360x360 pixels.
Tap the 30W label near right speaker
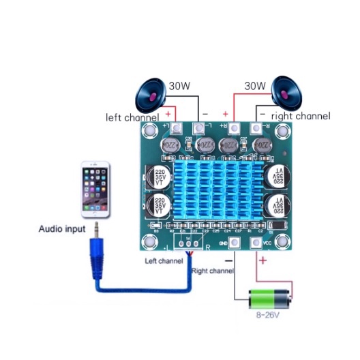[x=254, y=87]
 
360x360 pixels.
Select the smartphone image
[x=95, y=188]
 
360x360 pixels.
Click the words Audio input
[x=61, y=229]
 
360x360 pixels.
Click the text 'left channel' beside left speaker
[x=133, y=117]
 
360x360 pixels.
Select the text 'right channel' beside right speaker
[x=301, y=117]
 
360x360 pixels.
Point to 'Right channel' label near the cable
[x=212, y=271]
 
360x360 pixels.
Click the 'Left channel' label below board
[x=164, y=261]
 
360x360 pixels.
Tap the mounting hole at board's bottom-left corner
[x=148, y=241]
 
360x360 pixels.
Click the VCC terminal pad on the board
[x=258, y=241]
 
